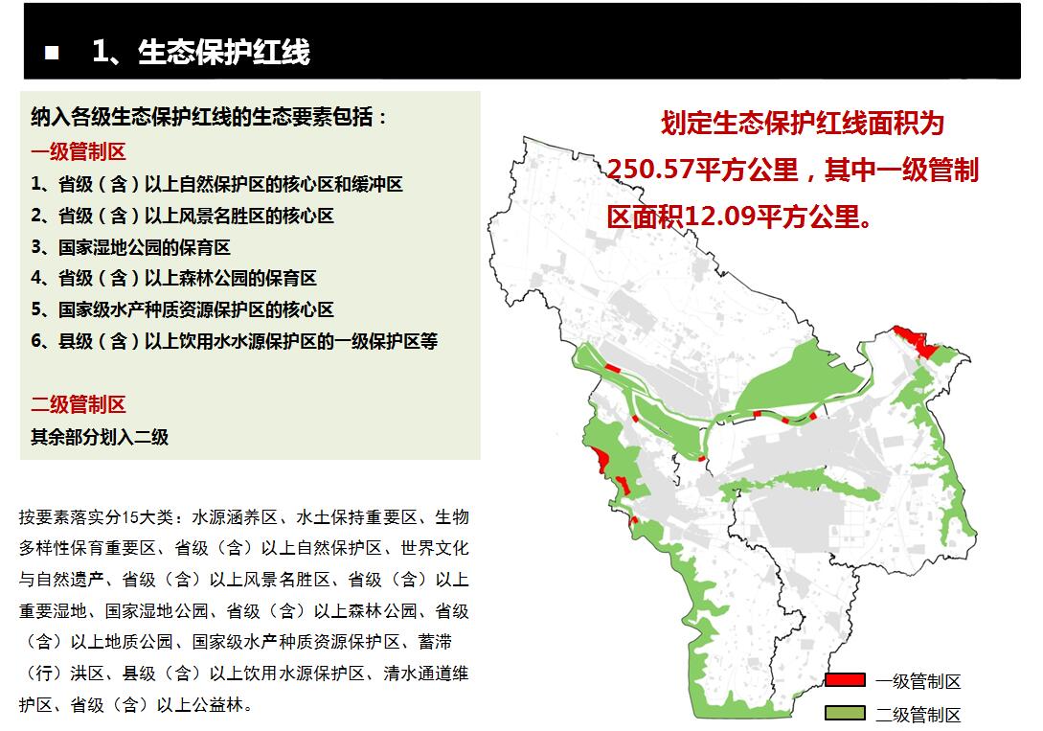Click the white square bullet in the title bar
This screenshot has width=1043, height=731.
(52, 53)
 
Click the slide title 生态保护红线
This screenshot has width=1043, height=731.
(224, 52)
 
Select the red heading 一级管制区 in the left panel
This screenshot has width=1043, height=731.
(79, 151)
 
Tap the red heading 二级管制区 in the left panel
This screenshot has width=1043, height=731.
(79, 404)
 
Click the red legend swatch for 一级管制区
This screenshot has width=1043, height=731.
(845, 680)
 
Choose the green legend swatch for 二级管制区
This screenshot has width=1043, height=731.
(845, 713)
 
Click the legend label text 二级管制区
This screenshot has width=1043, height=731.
(918, 715)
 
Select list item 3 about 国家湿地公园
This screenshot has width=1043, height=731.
(130, 247)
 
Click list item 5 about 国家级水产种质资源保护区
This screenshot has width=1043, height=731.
(182, 309)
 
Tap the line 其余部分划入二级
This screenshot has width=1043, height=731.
(100, 437)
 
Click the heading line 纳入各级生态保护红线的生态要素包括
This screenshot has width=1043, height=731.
(208, 117)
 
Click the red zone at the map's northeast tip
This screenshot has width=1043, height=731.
(918, 341)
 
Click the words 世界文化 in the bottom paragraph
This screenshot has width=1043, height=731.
(435, 548)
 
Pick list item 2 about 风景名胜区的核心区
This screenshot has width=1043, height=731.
(182, 216)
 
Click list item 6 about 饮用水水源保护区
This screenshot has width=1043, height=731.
(234, 341)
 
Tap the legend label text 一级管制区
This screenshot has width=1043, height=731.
(918, 682)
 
